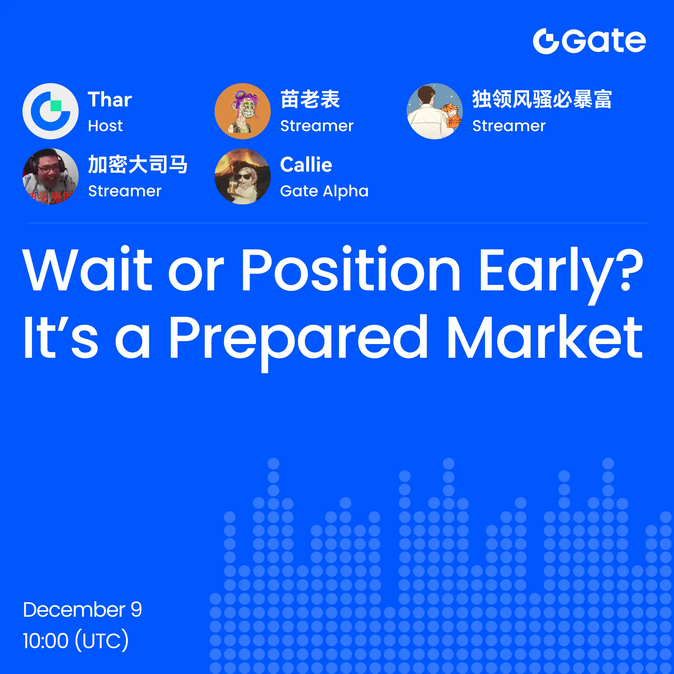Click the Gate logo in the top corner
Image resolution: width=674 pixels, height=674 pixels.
589,41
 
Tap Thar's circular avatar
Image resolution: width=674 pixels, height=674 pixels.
51,111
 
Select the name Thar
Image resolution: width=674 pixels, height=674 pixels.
110,99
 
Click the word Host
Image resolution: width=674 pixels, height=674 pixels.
105,126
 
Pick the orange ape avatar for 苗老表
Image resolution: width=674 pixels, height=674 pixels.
242,111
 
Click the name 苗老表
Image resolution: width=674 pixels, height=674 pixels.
310,99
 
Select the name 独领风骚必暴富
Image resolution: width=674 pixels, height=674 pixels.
542,99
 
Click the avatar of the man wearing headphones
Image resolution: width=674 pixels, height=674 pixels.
51,177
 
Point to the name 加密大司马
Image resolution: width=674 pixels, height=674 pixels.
138,165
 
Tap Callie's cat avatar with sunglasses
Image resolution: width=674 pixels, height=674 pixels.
242,177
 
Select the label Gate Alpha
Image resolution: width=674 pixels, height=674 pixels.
324,192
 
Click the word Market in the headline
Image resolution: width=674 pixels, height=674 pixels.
545,336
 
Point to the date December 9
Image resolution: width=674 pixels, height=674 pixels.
82,609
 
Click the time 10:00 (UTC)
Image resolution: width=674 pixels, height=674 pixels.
76,640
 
